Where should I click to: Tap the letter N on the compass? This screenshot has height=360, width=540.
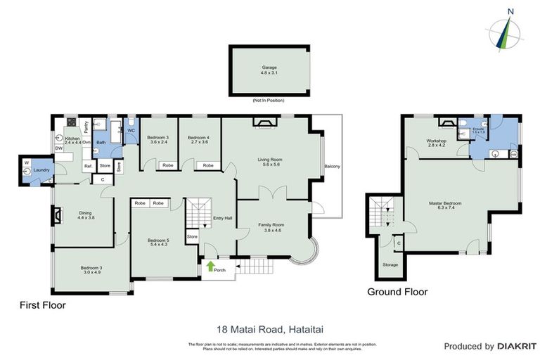(510, 11)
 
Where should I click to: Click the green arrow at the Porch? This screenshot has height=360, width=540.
(209, 266)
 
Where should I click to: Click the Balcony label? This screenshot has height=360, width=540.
(332, 166)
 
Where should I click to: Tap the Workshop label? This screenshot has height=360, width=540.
(437, 141)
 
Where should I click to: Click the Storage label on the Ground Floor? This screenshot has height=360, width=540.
(390, 264)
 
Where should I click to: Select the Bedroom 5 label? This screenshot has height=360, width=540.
(157, 240)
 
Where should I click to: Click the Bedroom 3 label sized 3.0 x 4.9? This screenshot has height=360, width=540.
(91, 269)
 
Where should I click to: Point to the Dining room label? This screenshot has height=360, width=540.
(86, 214)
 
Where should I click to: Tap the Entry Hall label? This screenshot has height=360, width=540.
(223, 217)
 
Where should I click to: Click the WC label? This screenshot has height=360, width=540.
(131, 130)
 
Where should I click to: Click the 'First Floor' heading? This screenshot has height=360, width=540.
(42, 306)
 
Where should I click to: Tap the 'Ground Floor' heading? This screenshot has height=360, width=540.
(398, 291)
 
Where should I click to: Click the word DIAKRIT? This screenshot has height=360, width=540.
(517, 346)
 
